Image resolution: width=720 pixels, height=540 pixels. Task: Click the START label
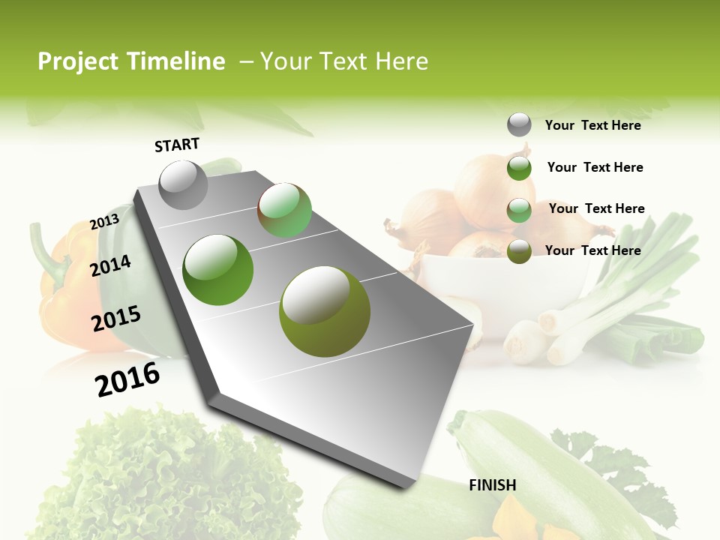[177, 145]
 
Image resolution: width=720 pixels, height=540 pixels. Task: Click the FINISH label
[492, 485]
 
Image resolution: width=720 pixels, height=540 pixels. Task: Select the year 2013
[104, 222]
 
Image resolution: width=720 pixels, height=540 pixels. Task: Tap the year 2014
[110, 265]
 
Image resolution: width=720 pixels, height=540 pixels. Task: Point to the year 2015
[115, 319]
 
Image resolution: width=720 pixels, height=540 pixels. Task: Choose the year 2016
[127, 379]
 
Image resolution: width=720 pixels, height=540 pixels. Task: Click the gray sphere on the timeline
[183, 184]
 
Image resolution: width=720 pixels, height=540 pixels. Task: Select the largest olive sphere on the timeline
[324, 311]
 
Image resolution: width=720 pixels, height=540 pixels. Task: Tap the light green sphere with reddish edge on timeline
[284, 210]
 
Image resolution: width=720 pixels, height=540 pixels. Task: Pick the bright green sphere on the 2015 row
[218, 269]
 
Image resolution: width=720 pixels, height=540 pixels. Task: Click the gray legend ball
[519, 125]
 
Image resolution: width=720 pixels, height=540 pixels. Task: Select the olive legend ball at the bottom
[519, 251]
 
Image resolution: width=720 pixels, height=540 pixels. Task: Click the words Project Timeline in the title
[131, 61]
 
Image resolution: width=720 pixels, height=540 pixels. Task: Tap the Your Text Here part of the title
[344, 61]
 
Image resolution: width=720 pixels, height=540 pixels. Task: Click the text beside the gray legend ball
[592, 125]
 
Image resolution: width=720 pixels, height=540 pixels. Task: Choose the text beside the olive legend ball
[592, 250]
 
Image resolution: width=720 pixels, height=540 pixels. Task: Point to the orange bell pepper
[64, 292]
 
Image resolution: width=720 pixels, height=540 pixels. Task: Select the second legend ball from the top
[519, 168]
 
